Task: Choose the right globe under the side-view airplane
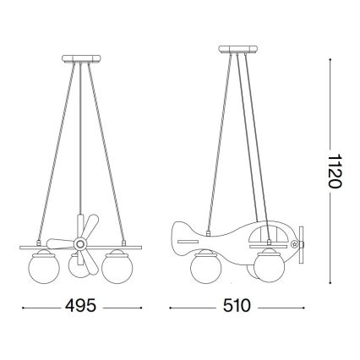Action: click(270, 266)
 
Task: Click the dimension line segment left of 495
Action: click(38, 305)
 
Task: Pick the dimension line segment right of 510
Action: click(279, 305)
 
